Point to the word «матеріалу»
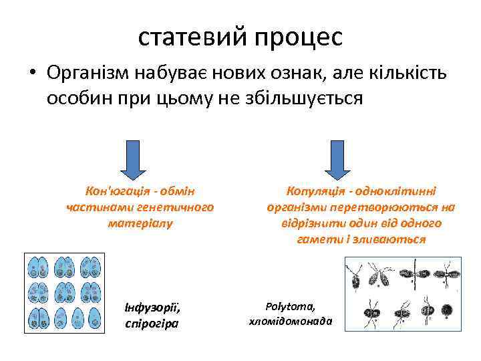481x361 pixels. tap(140, 223)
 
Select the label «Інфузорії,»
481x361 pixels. tap(152, 308)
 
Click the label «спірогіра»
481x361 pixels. tap(152, 324)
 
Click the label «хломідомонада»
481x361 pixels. tap(290, 321)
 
